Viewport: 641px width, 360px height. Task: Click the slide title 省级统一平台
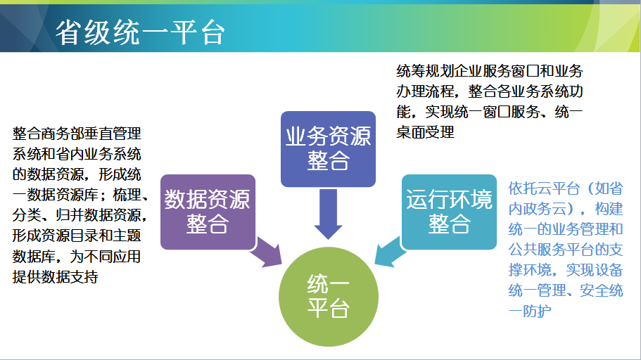pyautogui.click(x=140, y=32)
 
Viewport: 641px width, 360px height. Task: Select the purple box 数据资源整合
pyautogui.click(x=208, y=212)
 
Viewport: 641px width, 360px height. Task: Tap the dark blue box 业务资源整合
pyautogui.click(x=329, y=149)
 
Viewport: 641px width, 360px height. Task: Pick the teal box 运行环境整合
pyautogui.click(x=450, y=212)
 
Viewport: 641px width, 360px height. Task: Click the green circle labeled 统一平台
pyautogui.click(x=329, y=297)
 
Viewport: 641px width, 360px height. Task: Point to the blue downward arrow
pyautogui.click(x=329, y=214)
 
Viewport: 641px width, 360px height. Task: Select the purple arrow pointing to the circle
pyautogui.click(x=267, y=253)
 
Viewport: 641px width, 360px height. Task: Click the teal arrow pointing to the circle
pyautogui.click(x=390, y=252)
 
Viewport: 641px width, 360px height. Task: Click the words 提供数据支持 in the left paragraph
pyautogui.click(x=55, y=277)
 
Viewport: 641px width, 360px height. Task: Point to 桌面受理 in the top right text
pyautogui.click(x=425, y=132)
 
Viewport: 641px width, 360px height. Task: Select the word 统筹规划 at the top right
pyautogui.click(x=425, y=71)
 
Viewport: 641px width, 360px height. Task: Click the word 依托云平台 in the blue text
pyautogui.click(x=544, y=188)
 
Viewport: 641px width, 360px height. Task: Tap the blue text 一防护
pyautogui.click(x=530, y=311)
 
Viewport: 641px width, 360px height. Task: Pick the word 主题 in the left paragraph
pyautogui.click(x=127, y=236)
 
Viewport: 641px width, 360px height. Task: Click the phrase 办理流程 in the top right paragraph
pyautogui.click(x=425, y=91)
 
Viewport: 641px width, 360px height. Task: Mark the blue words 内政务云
pyautogui.click(x=537, y=210)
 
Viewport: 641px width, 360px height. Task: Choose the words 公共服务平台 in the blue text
pyautogui.click(x=552, y=250)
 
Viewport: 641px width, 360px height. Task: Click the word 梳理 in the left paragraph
pyautogui.click(x=127, y=195)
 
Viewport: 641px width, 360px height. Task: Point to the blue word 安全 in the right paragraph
pyautogui.click(x=595, y=290)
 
